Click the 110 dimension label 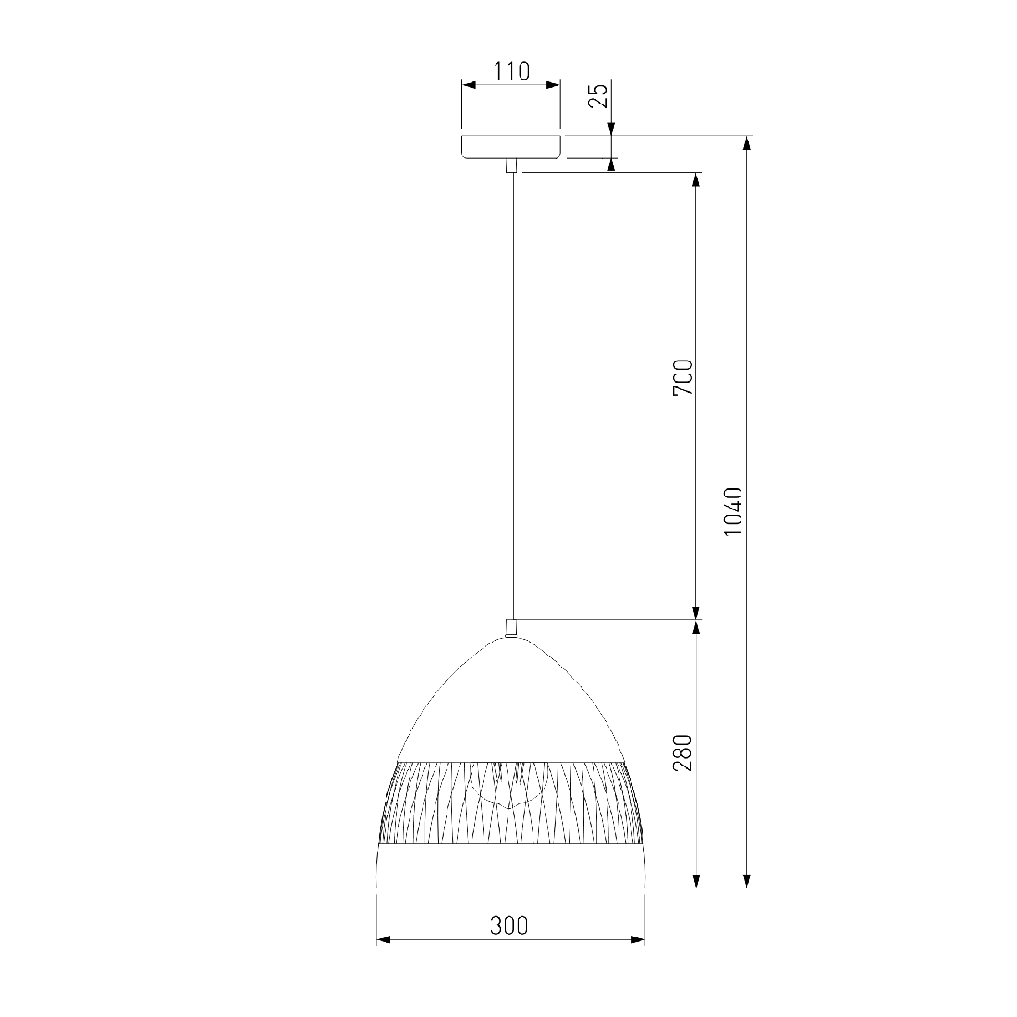tap(512, 70)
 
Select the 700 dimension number tap(683, 377)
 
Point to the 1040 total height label tap(733, 511)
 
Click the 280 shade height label tap(683, 753)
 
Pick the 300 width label tap(509, 925)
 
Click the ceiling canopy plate tap(511, 147)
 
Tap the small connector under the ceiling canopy tap(511, 165)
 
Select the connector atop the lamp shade tap(511, 628)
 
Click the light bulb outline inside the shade tap(510, 786)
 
